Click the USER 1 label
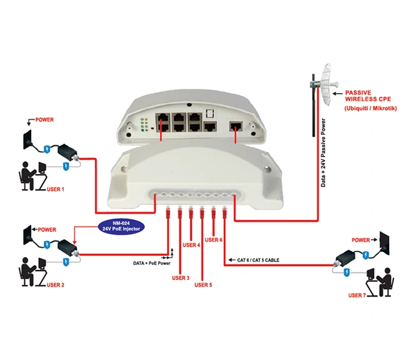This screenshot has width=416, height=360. pos(56,190)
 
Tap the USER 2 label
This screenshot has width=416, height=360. pos(55,285)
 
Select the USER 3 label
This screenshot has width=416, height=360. pos(180,278)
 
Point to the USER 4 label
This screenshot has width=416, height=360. pos(191,245)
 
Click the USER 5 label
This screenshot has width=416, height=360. pos(202,285)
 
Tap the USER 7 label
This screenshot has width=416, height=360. pos(358,295)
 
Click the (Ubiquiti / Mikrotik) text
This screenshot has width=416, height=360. pos(370,108)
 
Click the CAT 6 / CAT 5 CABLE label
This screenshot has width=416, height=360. pos(257,260)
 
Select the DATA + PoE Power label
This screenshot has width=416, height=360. pos(151,263)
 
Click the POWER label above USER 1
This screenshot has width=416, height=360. pos(44,120)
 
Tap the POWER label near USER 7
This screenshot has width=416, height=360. pos(361,240)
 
